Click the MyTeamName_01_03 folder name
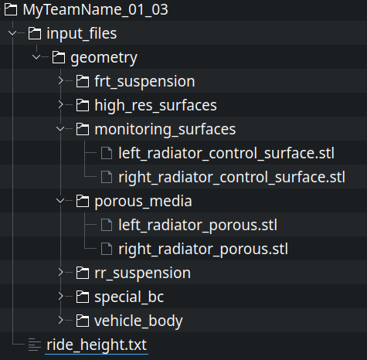click(95, 10)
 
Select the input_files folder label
click(82, 34)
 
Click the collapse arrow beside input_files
click(12, 33)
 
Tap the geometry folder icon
click(59, 57)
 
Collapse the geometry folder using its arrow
click(36, 57)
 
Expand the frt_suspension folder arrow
click(60, 81)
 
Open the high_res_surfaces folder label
click(155, 105)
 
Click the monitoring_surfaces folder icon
click(83, 129)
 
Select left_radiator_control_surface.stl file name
click(226, 154)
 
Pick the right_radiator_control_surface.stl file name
click(232, 177)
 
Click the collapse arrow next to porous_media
click(60, 201)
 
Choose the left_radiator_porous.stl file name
click(198, 226)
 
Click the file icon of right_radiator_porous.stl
click(107, 249)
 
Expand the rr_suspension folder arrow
click(60, 273)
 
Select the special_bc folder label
click(129, 297)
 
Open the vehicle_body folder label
click(138, 321)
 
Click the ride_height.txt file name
click(97, 345)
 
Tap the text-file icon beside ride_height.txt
click(35, 345)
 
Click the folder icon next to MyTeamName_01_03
click(11, 9)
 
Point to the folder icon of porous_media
click(83, 201)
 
